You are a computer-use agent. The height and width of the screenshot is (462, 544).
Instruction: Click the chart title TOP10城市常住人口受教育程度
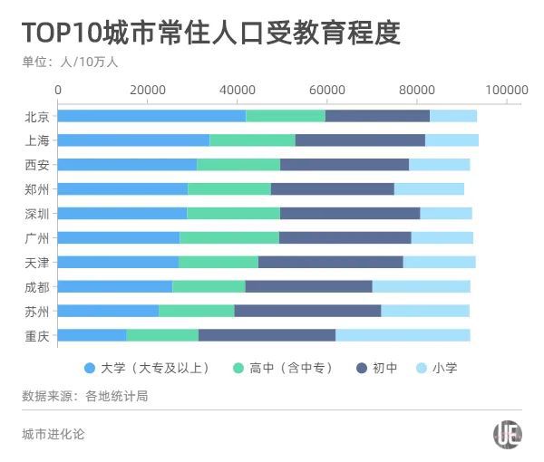210,33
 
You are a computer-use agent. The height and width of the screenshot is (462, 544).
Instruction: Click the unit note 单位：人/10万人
70,63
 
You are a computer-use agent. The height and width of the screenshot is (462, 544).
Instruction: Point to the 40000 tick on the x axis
238,90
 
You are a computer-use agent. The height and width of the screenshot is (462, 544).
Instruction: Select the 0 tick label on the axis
59,90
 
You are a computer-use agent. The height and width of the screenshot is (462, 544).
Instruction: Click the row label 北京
38,116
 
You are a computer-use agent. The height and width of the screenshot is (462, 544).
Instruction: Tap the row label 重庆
38,335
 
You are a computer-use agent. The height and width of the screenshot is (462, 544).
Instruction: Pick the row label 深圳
38,214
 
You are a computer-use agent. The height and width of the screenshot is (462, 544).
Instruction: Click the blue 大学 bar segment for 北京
151,116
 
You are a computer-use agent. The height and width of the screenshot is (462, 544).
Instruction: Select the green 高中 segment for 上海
252,140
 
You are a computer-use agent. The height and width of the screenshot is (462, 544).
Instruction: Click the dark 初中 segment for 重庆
267,335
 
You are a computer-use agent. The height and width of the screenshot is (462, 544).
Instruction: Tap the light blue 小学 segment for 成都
421,286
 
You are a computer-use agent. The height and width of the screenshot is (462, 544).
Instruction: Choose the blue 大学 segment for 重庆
92,335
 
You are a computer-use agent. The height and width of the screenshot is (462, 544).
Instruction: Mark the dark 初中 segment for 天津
330,262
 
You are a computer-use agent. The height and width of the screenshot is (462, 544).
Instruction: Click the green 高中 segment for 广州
228,237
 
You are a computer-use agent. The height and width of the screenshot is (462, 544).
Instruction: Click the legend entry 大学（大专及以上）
147,368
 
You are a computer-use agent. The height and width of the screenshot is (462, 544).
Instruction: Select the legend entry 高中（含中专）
284,368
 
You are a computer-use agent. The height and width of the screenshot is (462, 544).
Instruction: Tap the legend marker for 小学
423,368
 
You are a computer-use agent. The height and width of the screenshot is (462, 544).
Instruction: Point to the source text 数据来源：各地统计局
84,396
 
